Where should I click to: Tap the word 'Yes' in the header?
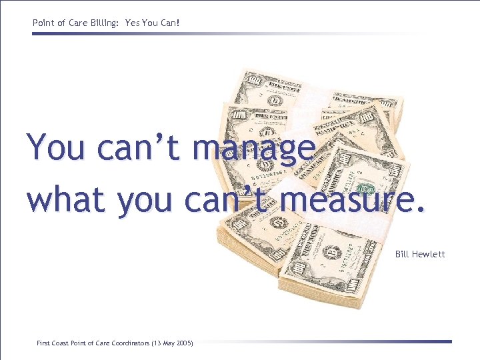pos(132,23)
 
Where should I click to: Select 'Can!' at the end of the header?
pos(170,23)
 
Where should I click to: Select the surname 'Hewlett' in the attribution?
pos(429,254)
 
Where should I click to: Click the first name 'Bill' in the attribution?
pos(402,254)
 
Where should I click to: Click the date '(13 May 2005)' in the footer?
pos(172,343)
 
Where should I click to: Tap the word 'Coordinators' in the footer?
pos(129,343)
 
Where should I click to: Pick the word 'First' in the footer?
pos(43,343)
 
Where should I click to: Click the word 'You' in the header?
pos(150,23)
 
